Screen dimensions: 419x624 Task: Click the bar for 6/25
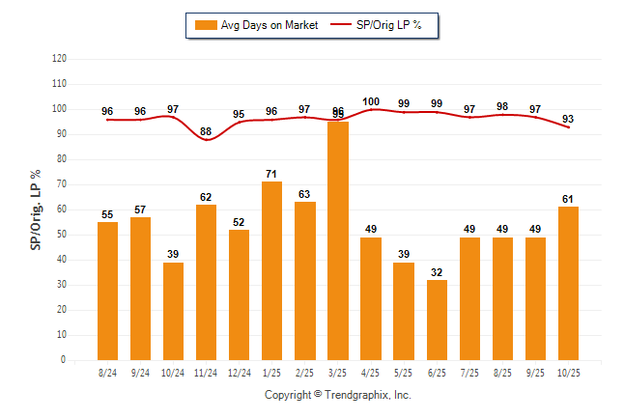437,320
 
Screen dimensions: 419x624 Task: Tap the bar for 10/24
174,311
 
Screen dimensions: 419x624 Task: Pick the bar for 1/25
272,270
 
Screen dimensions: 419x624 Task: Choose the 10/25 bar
568,283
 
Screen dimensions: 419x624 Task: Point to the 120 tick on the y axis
59,59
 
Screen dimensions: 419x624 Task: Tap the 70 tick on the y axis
61,184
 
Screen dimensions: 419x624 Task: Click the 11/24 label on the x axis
206,373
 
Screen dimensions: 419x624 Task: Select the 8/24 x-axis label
108,373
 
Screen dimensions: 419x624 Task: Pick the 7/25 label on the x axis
469,373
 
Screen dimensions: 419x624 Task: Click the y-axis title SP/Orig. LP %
36,209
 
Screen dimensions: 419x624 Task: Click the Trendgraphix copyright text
338,395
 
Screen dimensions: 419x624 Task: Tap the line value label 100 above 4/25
371,101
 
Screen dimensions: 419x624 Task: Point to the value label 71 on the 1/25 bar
272,175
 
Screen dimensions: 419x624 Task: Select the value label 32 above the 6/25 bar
437,272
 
